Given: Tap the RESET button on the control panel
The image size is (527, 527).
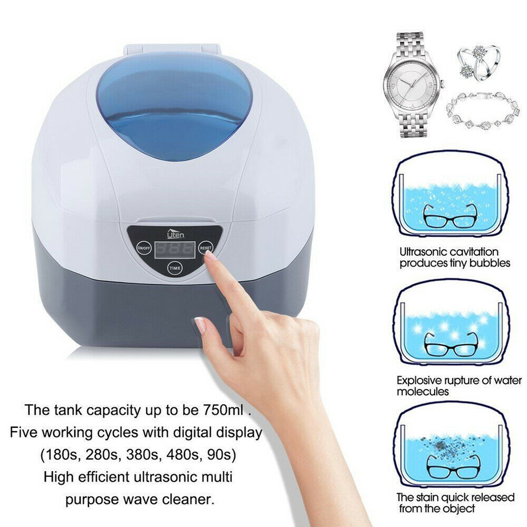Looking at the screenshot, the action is [x=206, y=248].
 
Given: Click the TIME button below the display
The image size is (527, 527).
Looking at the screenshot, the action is [x=175, y=268].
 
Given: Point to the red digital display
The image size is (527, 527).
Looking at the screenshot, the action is [x=175, y=249].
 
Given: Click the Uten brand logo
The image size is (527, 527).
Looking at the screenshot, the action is [x=176, y=233].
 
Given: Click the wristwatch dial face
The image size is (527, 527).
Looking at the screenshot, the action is [x=412, y=86].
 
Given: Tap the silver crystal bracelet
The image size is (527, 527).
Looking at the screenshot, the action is [x=483, y=111].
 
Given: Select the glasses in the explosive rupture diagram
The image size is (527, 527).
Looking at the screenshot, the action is [x=451, y=344].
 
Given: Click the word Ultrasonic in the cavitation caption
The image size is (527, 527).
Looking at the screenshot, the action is [x=422, y=251].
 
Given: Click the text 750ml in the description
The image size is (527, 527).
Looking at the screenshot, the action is [x=223, y=409].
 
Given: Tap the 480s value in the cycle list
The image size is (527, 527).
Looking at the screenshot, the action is [x=183, y=454].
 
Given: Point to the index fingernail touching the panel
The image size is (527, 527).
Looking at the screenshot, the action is [x=211, y=257].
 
